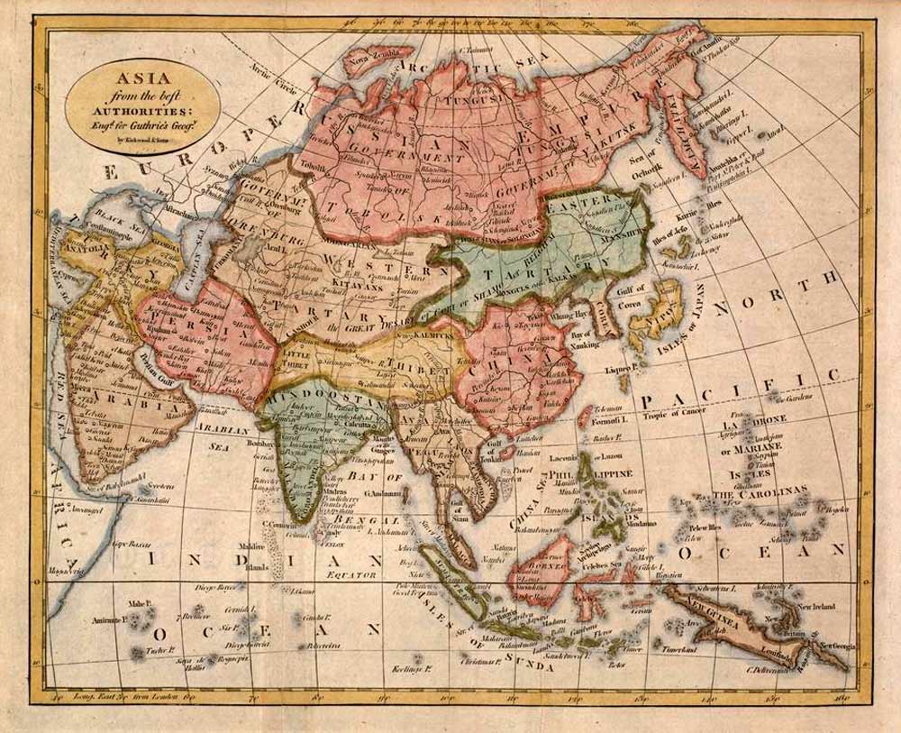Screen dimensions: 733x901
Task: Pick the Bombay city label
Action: coord(259,445)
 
